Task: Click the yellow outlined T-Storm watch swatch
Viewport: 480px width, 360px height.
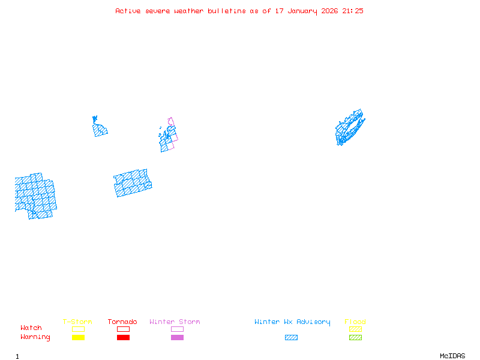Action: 78,329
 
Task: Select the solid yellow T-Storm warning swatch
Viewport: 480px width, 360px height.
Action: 78,337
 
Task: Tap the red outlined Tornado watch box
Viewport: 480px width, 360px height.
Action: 123,329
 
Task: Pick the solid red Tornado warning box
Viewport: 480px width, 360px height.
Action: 123,337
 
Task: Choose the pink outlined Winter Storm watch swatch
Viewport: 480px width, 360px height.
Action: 177,329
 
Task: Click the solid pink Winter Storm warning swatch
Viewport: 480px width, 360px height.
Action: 177,337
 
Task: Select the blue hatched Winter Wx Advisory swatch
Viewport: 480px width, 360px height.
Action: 291,337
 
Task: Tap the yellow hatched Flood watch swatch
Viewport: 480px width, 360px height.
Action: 355,329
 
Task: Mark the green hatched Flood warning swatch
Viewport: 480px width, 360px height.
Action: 355,337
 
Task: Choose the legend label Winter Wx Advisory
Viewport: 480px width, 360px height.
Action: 292,322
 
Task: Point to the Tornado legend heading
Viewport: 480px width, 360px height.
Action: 122,322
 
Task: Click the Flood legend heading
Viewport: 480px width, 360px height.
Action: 355,322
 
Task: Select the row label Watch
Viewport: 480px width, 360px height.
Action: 31,328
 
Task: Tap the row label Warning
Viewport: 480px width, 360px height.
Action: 35,337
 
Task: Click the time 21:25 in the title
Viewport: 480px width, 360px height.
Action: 353,11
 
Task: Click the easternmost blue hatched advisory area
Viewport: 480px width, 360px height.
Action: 349,128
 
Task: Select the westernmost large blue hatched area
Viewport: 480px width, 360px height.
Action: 35,196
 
